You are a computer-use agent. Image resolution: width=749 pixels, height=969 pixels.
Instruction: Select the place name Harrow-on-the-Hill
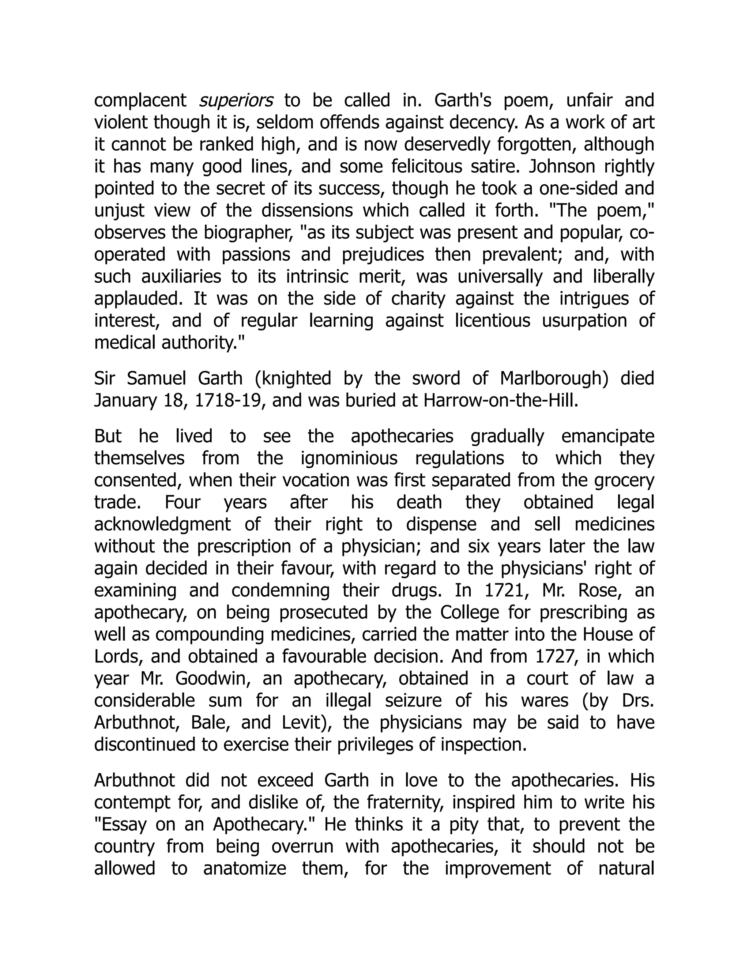501,401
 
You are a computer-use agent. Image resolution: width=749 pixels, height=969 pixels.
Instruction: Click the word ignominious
349,458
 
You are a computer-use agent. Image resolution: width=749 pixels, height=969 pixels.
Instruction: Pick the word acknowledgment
162,524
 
